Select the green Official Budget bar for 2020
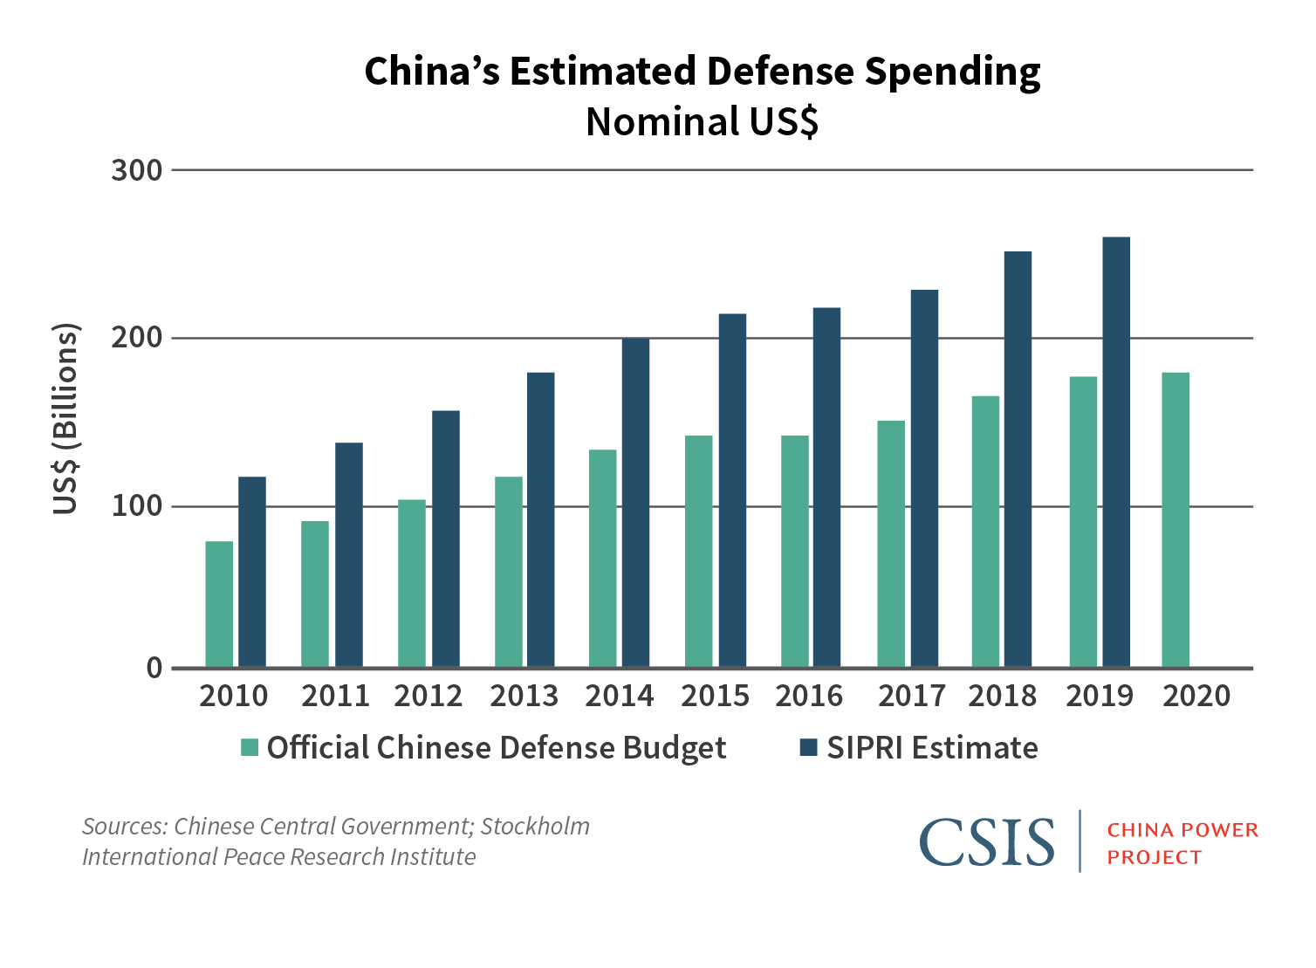click(x=1175, y=520)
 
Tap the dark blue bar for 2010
click(x=252, y=572)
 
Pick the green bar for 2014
click(x=603, y=559)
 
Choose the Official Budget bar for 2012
click(x=412, y=583)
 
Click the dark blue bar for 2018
click(x=1018, y=459)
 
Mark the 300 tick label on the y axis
click(x=137, y=170)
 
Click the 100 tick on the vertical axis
click(x=137, y=506)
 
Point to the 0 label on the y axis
click(x=154, y=669)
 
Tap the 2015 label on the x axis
click(x=715, y=697)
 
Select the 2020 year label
click(x=1196, y=697)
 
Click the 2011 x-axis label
click(x=335, y=697)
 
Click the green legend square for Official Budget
click(x=250, y=748)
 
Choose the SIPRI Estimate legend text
click(x=932, y=748)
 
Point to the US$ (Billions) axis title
click(x=66, y=419)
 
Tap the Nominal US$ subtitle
click(x=702, y=122)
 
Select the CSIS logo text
click(x=986, y=841)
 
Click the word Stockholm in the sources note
click(x=535, y=827)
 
